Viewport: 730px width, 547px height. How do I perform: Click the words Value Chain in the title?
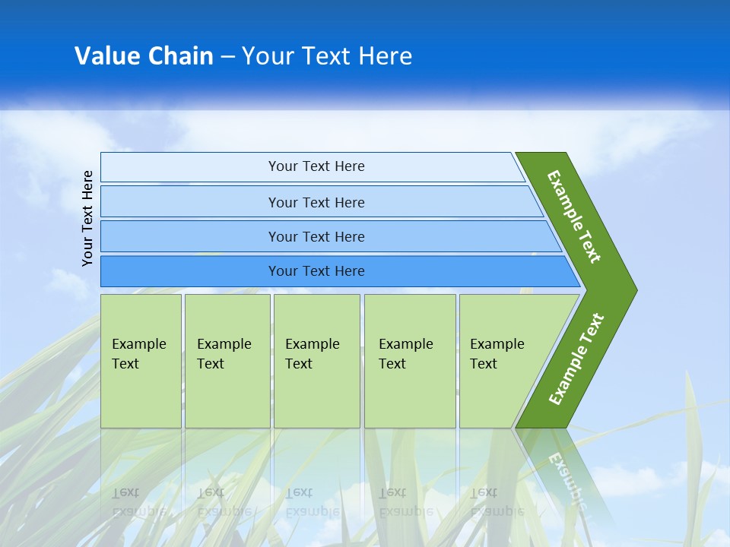click(x=144, y=55)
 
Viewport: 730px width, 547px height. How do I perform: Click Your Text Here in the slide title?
click(x=327, y=55)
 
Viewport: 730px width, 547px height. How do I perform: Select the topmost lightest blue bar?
click(x=190, y=166)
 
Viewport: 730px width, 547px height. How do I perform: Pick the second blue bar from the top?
click(x=190, y=202)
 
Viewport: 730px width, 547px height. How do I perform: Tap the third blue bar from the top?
click(x=190, y=236)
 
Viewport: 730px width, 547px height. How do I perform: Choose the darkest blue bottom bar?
click(x=190, y=271)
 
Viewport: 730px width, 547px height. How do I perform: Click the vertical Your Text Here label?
click(x=88, y=218)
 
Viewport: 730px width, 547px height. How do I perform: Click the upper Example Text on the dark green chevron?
click(x=574, y=216)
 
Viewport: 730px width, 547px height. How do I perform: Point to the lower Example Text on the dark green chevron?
click(x=576, y=359)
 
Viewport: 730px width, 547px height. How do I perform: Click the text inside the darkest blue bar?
click(x=316, y=271)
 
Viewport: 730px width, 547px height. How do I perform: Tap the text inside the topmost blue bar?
click(x=316, y=166)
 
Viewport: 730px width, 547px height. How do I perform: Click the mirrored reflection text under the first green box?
click(x=139, y=501)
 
